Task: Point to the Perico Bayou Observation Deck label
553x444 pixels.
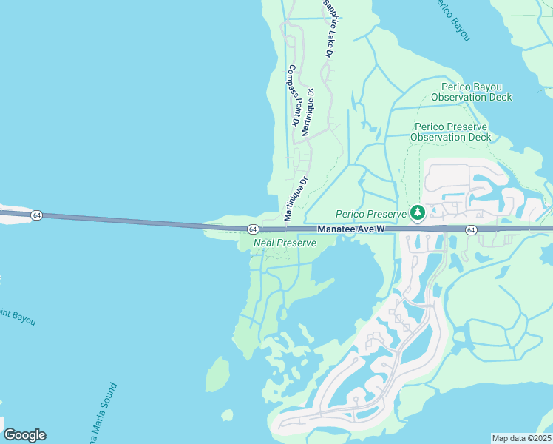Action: click(471, 92)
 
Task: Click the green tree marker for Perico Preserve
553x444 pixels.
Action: click(418, 213)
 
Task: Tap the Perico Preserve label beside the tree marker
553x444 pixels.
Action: click(371, 214)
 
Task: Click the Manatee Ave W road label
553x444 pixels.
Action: click(351, 230)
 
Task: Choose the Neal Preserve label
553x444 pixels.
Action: click(285, 243)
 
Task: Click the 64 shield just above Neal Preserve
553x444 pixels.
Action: click(252, 229)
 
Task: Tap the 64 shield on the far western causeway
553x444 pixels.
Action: click(36, 215)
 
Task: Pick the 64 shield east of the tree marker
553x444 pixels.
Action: click(471, 230)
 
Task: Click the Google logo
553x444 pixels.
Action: click(24, 435)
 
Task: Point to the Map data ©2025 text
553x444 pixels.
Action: click(521, 438)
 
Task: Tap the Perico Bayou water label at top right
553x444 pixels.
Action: click(451, 18)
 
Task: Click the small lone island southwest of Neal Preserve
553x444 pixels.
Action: click(217, 375)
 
